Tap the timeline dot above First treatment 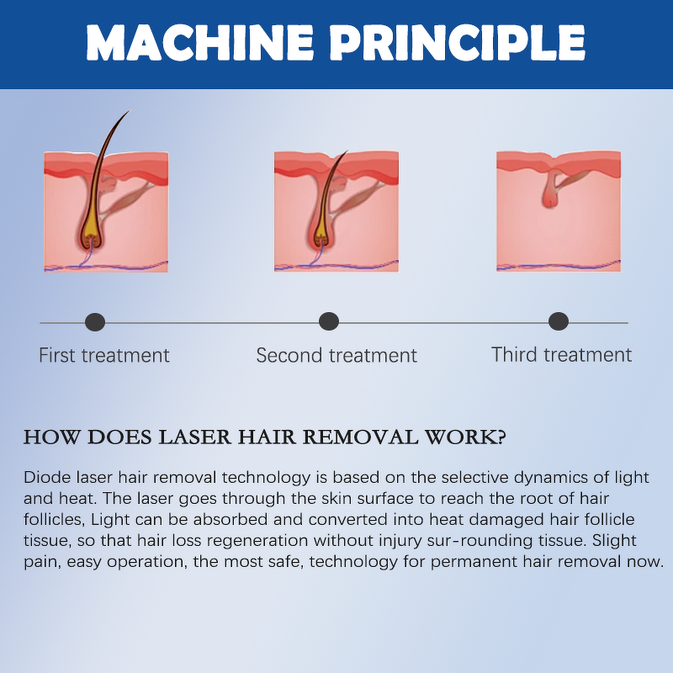tap(95, 321)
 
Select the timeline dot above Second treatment tap(329, 321)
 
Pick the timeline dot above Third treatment tap(559, 321)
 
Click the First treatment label tap(104, 355)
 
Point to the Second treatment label tap(336, 355)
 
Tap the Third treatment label tap(561, 354)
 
